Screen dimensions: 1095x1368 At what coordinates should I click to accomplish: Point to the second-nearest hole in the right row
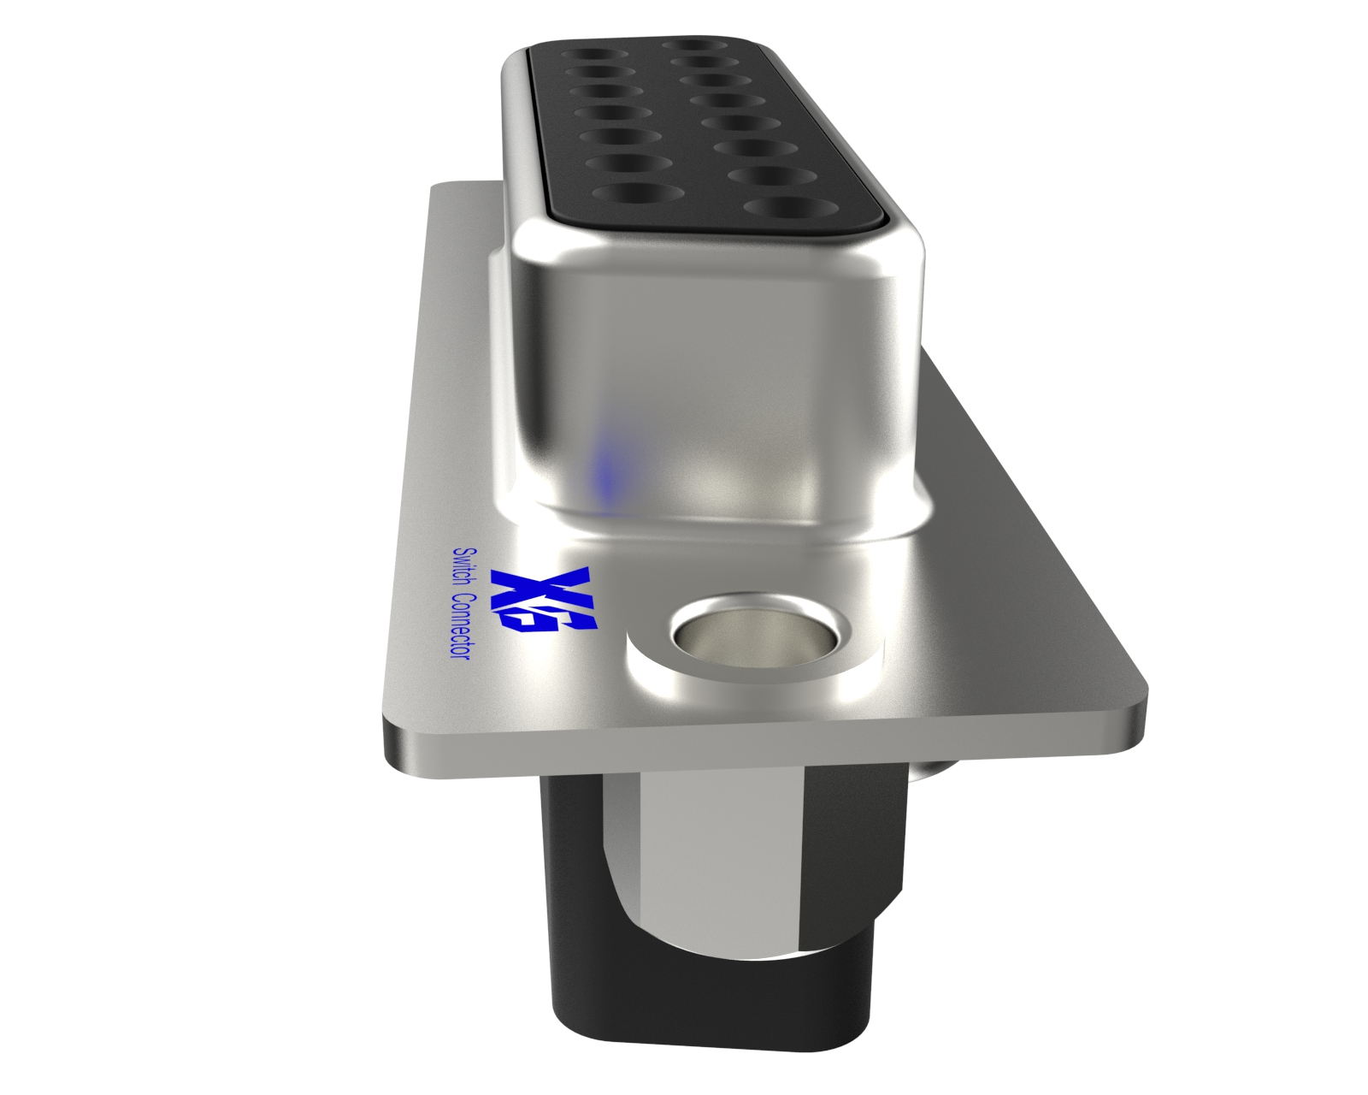764,175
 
